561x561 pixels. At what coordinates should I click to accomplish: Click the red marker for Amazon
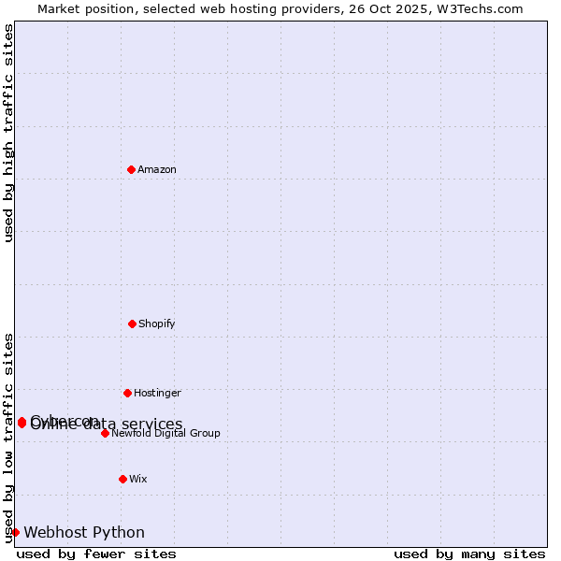(131, 169)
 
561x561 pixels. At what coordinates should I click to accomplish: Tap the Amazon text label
(157, 170)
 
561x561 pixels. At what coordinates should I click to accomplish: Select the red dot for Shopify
(132, 324)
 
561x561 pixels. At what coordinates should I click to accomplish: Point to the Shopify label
(157, 324)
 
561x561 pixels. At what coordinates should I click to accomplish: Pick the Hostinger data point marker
(127, 393)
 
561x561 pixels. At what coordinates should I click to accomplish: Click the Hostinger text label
(157, 394)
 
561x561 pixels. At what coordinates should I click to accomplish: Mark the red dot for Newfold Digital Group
(105, 433)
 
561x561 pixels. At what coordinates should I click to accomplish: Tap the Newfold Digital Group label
(166, 434)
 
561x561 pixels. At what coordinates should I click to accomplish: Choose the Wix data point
(122, 479)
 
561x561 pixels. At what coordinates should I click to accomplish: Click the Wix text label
(138, 480)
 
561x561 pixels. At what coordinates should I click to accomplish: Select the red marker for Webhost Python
(15, 532)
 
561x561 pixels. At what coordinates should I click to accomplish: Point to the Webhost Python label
(84, 533)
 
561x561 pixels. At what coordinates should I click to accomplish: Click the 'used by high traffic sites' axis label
(8, 133)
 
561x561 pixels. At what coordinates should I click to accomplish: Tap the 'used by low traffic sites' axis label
(8, 438)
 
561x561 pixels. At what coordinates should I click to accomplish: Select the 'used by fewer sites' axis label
(96, 554)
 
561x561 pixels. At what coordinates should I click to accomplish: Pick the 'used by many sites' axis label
(469, 554)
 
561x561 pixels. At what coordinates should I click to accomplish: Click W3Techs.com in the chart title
(482, 8)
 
